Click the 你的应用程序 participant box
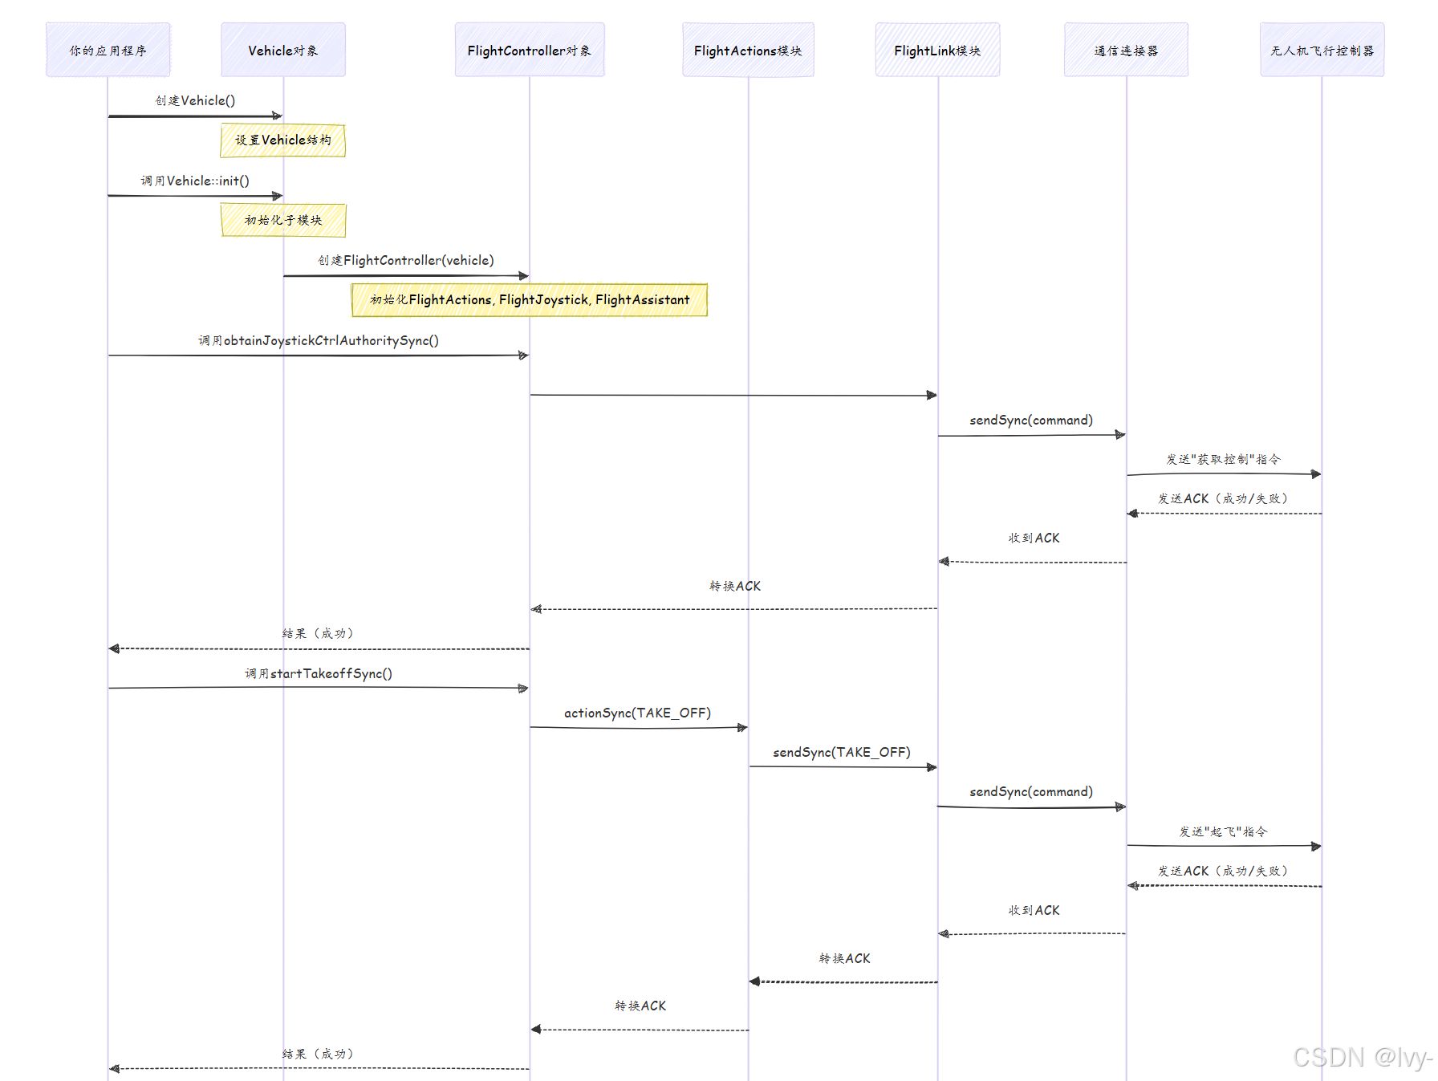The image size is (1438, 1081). click(x=108, y=50)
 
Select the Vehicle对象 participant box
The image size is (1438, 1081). click(x=282, y=50)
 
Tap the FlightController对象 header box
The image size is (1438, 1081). click(x=529, y=50)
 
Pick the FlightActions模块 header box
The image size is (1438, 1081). click(x=748, y=50)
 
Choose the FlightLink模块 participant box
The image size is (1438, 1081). click(x=937, y=50)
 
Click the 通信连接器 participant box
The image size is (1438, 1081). click(x=1126, y=50)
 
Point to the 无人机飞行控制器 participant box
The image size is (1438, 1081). click(x=1322, y=50)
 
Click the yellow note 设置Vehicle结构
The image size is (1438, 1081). click(x=282, y=140)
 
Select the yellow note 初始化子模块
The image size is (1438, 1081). click(x=282, y=220)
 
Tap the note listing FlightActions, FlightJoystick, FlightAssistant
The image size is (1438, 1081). click(x=529, y=299)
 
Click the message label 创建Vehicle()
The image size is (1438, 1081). click(x=195, y=100)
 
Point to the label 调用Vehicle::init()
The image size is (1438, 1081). click(x=195, y=181)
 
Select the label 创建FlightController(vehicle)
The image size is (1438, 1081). click(x=405, y=260)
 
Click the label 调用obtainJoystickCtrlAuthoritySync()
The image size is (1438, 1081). click(x=319, y=340)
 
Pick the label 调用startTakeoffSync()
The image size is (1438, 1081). click(x=319, y=673)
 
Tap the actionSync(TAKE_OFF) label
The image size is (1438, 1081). click(x=637, y=713)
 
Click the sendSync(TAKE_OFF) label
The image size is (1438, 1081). click(x=841, y=752)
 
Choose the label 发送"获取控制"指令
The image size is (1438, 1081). click(x=1223, y=459)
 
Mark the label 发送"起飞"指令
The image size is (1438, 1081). click(x=1223, y=831)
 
